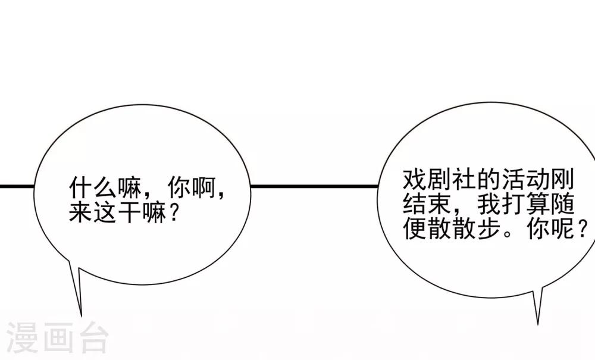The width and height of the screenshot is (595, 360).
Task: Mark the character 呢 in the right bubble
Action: tap(563, 228)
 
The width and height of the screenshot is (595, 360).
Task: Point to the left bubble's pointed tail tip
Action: tap(81, 317)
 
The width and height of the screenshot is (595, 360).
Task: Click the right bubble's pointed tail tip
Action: tap(538, 325)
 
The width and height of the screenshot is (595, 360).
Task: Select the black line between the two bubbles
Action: tap(314, 186)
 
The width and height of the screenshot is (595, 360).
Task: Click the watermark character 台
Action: tap(92, 337)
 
